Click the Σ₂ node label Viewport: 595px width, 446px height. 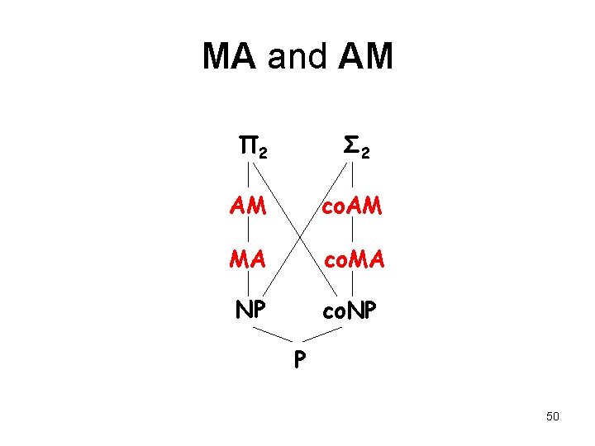tap(355, 149)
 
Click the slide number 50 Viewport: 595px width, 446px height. tap(552, 416)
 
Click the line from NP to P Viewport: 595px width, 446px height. tap(272, 334)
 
